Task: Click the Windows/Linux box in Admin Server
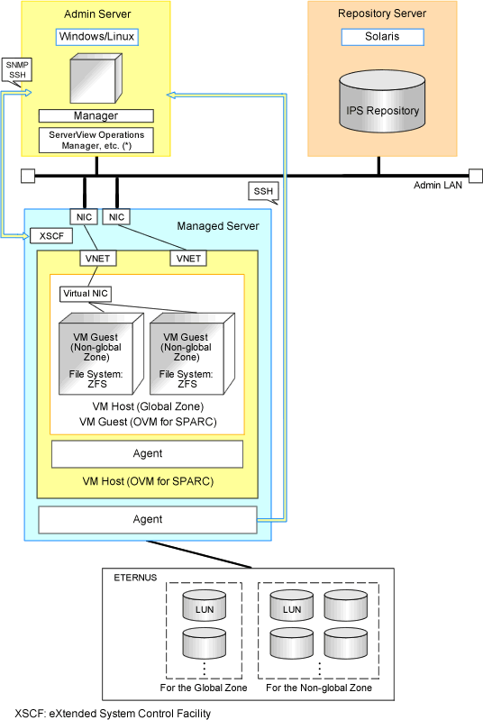(97, 37)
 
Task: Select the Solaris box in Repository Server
(382, 37)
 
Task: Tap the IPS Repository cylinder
(382, 102)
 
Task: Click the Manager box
(96, 115)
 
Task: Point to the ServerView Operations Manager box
(96, 140)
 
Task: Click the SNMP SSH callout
(17, 71)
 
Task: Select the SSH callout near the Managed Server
(263, 192)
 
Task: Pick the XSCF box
(51, 236)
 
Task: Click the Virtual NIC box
(86, 294)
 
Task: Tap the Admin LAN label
(438, 185)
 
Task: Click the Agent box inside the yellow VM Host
(148, 454)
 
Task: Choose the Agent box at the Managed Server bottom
(148, 520)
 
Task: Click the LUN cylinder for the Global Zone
(205, 606)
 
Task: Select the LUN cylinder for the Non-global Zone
(292, 606)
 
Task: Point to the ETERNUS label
(135, 578)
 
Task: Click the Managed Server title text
(218, 226)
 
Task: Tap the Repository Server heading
(382, 14)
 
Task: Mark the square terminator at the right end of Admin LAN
(476, 176)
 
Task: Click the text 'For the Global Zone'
(204, 688)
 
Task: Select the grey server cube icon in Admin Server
(96, 78)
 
